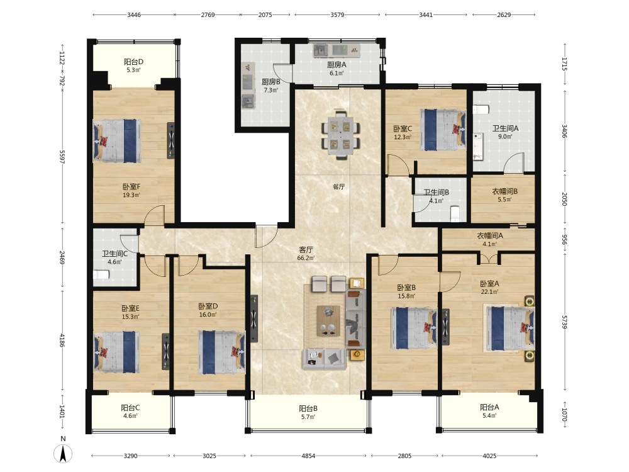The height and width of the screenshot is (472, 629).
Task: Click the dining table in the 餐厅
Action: tap(340, 135)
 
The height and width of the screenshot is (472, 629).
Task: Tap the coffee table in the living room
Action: tap(328, 321)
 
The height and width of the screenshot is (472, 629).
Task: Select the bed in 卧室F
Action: tap(117, 141)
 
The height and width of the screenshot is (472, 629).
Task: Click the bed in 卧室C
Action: tap(443, 130)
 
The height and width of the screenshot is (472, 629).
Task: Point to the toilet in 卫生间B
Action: tap(455, 213)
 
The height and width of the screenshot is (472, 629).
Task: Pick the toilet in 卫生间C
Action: tap(101, 275)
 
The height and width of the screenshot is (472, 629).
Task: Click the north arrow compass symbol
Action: tap(63, 454)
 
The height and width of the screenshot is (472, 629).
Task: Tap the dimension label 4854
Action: tap(308, 456)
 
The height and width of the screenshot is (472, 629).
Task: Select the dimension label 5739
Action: tap(565, 322)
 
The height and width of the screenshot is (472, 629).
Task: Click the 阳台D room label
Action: tap(133, 62)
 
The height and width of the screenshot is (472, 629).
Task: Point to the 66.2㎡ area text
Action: tap(306, 258)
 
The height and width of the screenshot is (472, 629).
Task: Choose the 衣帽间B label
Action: tap(504, 191)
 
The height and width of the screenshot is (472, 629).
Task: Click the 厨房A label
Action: tap(337, 65)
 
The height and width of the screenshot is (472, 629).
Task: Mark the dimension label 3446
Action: tap(134, 15)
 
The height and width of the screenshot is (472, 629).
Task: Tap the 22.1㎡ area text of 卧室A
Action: tap(489, 292)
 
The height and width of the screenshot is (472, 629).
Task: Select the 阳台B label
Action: tap(308, 408)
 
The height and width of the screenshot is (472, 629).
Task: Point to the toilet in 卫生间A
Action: tap(481, 109)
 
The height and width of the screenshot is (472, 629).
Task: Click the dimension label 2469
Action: tap(62, 257)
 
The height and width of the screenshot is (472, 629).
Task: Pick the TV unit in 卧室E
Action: tap(165, 352)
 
